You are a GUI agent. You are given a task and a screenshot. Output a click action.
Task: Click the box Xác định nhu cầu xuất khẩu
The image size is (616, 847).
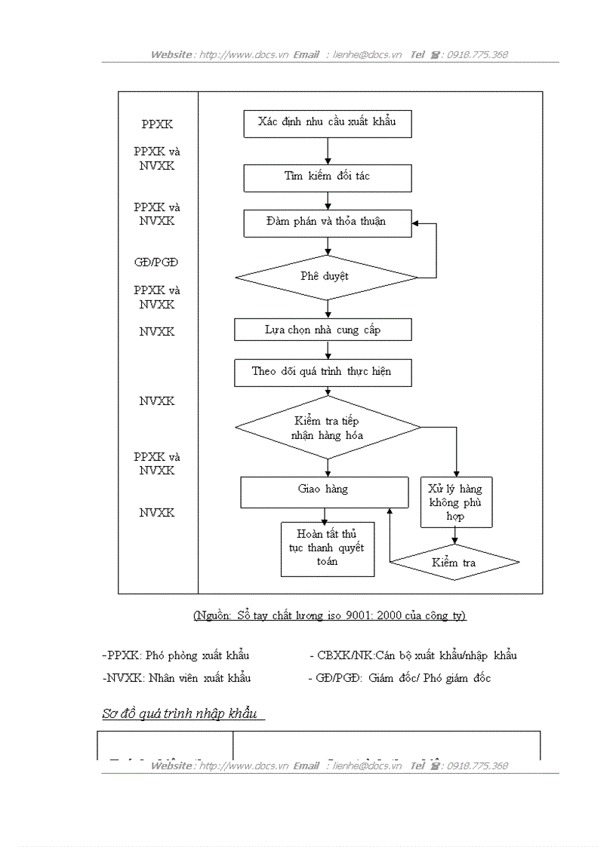coord(327,124)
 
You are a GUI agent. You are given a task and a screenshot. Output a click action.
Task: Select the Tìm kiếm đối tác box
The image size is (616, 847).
coord(327,178)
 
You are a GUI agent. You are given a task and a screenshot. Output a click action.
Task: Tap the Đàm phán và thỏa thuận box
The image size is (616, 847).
coord(327,223)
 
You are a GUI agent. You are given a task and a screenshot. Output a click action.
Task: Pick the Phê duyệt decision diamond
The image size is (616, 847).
coord(327,277)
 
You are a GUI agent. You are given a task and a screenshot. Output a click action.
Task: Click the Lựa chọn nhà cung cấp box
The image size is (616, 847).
coord(323,330)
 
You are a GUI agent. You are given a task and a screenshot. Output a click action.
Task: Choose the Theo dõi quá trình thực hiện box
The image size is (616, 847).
coord(322,373)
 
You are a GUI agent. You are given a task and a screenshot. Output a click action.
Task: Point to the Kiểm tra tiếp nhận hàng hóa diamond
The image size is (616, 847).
coord(328,428)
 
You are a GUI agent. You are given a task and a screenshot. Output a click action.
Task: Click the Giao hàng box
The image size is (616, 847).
coord(323,491)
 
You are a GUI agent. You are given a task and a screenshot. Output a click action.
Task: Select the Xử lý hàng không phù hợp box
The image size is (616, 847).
coord(455,502)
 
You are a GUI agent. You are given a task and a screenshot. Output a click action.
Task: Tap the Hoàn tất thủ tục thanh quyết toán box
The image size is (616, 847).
coord(327,549)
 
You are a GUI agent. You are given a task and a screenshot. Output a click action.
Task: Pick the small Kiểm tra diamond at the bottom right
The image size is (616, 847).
coord(454,563)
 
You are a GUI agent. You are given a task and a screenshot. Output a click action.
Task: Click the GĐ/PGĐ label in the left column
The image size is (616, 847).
coord(156,263)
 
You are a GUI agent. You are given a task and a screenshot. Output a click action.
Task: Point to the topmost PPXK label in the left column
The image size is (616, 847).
coord(157,124)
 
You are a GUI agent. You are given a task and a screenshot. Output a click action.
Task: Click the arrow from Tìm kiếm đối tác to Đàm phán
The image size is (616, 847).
coord(328,201)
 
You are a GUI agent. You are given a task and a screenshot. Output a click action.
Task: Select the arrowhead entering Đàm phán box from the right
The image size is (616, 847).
coord(416,224)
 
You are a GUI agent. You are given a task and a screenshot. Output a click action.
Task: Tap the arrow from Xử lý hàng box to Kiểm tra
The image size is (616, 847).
coord(455,536)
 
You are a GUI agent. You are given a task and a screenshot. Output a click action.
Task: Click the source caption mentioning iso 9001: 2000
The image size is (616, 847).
coord(330,615)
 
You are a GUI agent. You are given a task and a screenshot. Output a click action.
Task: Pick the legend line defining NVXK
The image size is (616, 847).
coord(177,678)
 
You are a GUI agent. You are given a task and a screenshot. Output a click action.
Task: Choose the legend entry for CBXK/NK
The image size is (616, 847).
coord(413,655)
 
